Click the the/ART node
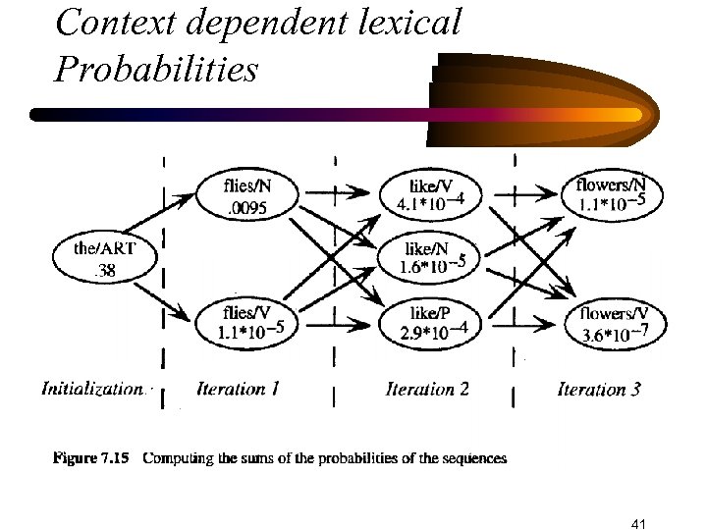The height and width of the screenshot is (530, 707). click(102, 258)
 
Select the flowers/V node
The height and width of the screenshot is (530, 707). click(611, 322)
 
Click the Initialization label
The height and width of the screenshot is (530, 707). click(92, 389)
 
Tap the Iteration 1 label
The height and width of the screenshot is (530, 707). click(239, 389)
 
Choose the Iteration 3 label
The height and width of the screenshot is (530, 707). click(599, 389)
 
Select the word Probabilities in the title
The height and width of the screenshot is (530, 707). click(156, 69)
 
